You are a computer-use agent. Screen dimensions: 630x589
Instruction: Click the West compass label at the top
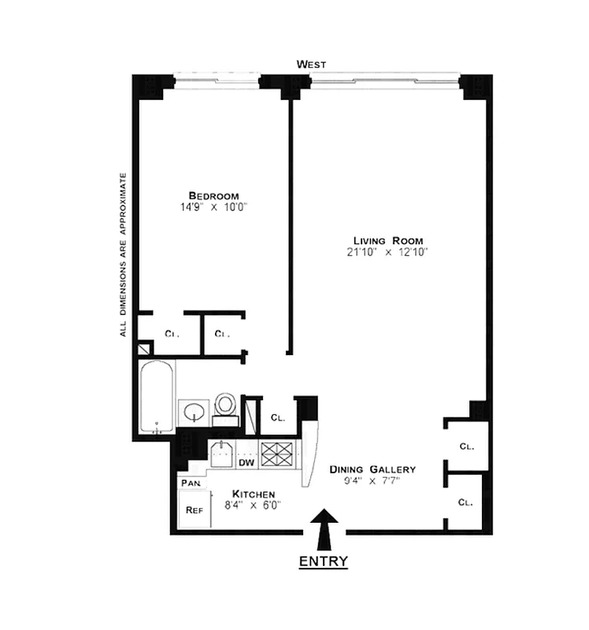[x=312, y=63]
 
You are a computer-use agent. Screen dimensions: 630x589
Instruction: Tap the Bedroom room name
[x=213, y=195]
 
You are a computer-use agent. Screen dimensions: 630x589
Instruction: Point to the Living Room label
[x=388, y=240]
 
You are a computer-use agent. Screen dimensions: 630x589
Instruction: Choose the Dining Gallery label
[x=372, y=469]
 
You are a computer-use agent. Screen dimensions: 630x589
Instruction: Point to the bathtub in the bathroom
[x=156, y=396]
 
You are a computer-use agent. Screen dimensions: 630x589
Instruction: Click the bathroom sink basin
[x=192, y=411]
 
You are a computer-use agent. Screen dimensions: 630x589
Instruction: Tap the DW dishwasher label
[x=246, y=463]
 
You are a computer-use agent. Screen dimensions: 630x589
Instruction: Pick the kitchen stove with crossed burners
[x=277, y=455]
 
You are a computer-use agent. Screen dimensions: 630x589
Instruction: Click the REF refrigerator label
[x=194, y=510]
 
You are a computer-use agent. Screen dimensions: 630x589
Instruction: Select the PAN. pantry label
[x=189, y=482]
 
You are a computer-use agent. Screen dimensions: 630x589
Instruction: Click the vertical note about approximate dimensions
[x=123, y=254]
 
